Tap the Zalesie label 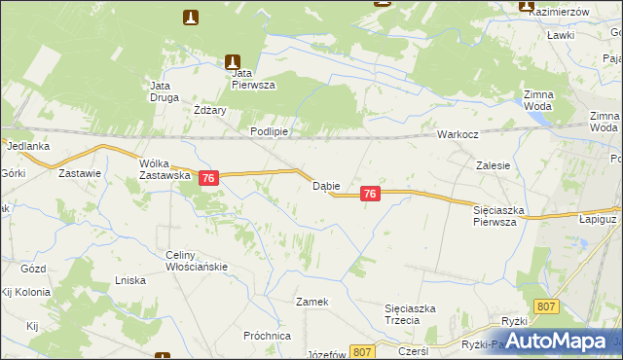click(x=494, y=165)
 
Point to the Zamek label click(x=312, y=302)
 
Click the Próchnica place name click(x=268, y=335)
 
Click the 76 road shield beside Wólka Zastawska click(x=208, y=178)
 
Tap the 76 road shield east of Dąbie click(x=369, y=195)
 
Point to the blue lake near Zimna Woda click(x=536, y=117)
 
